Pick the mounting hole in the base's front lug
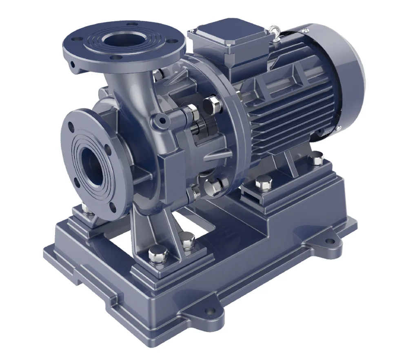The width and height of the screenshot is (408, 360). point(210,312)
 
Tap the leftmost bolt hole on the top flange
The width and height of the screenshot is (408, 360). point(73,41)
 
